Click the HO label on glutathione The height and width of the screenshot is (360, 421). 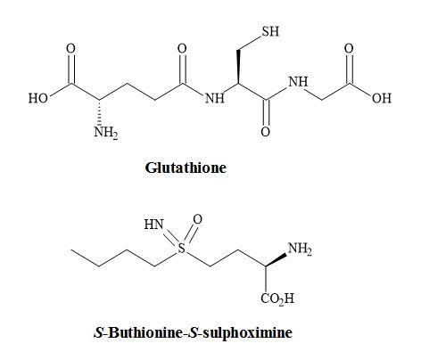(38, 98)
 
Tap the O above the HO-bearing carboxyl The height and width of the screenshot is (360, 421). (70, 48)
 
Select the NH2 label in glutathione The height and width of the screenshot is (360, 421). (106, 132)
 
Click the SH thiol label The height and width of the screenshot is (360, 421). (270, 31)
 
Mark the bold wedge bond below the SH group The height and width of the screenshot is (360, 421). (238, 67)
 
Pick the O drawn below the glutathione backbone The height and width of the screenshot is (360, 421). (265, 132)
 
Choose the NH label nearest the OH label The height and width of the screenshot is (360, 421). (298, 82)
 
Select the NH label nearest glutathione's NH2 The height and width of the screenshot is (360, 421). (215, 98)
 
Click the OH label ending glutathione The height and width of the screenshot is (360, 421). (382, 98)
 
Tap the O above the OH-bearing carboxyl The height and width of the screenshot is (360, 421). (349, 48)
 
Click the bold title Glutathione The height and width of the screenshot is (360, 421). (186, 168)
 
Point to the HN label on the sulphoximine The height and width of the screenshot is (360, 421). (153, 225)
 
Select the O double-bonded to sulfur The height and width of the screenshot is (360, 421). (197, 219)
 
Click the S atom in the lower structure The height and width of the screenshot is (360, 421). (181, 248)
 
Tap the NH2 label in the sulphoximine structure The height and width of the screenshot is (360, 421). (300, 249)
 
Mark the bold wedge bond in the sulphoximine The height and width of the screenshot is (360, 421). (276, 260)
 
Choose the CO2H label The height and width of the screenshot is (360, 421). (277, 299)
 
